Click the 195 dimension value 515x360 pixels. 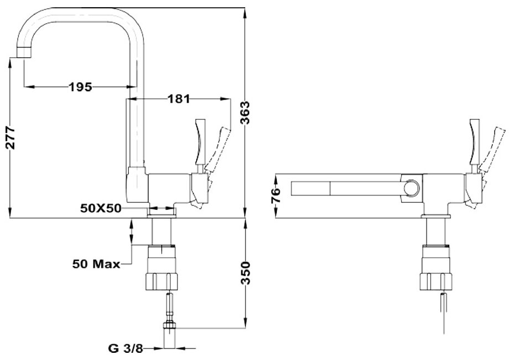80,87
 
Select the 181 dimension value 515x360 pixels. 179,98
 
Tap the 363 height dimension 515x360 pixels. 245,113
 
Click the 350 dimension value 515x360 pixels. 245,273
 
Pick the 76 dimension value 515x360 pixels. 276,195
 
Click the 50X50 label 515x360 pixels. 101,208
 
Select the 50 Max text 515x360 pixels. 96,264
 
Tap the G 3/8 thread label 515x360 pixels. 125,348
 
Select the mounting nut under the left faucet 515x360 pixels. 162,282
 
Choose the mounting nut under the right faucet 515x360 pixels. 437,282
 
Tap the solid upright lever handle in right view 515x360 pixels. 475,142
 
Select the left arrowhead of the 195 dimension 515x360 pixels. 29,87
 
